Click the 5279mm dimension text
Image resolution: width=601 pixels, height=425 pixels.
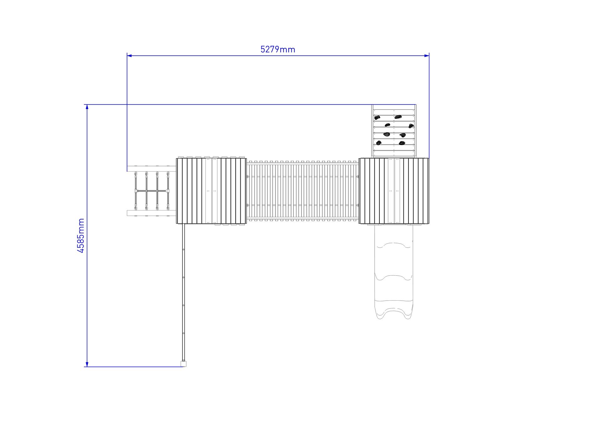[278, 49]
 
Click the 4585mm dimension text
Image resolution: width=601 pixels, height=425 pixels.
[81, 236]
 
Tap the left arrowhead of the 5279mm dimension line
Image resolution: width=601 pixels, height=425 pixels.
[129, 56]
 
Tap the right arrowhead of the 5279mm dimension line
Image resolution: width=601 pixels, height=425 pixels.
[427, 56]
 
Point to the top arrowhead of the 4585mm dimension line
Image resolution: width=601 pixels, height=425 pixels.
[87, 107]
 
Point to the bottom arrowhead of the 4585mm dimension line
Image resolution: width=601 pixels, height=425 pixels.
[87, 364]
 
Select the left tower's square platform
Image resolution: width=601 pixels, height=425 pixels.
[212, 191]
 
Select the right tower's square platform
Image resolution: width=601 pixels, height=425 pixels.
[394, 191]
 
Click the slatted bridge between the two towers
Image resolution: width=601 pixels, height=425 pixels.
[303, 191]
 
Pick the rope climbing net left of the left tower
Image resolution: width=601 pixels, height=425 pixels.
[152, 191]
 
